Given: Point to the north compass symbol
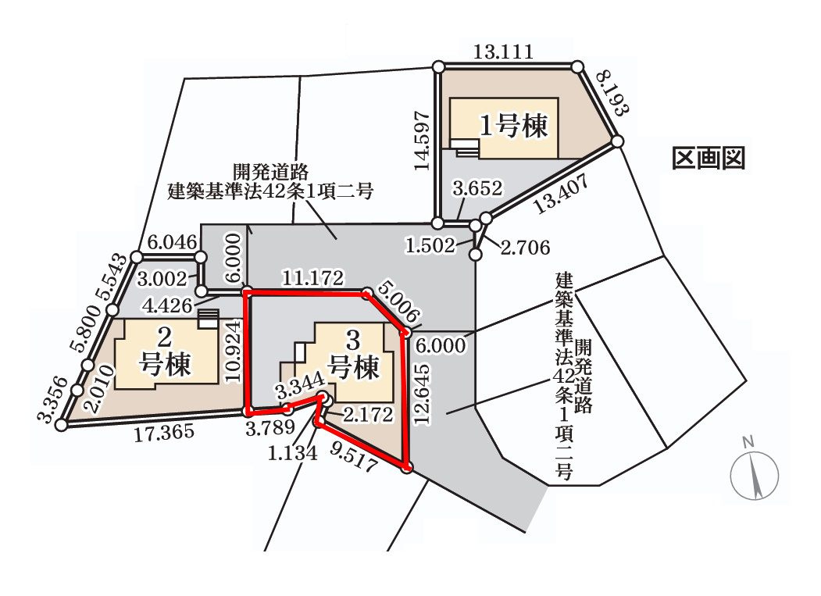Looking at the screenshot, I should [x=755, y=471].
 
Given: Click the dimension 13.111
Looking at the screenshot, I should [x=504, y=53].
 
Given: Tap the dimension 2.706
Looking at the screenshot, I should [x=525, y=248].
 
